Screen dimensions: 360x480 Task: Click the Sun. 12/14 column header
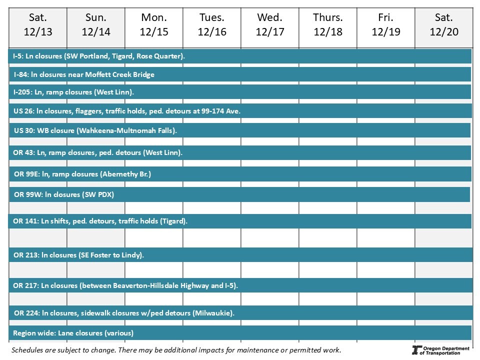[96, 25]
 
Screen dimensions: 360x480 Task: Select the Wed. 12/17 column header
[269, 25]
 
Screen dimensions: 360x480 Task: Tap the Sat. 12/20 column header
[443, 25]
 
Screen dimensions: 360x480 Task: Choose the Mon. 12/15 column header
[154, 25]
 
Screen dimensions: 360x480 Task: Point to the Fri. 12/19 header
[385, 25]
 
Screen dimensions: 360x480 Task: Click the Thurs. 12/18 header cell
[327, 25]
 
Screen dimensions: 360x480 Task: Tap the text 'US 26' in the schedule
[23, 111]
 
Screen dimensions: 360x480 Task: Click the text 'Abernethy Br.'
[125, 174]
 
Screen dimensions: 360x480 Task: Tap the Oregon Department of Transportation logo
[440, 350]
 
